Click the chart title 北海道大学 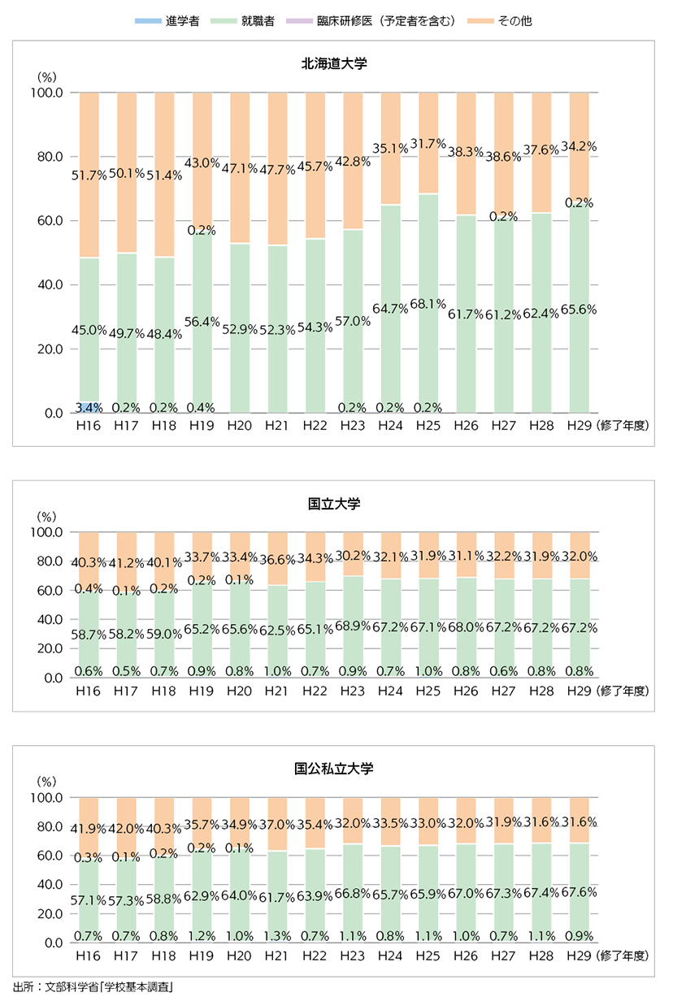coord(334,62)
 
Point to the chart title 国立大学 coord(334,504)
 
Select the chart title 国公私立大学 coord(334,769)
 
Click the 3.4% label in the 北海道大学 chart coord(89,406)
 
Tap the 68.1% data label coord(428,305)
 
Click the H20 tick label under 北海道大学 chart coord(240,425)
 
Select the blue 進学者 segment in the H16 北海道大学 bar coord(89,406)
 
